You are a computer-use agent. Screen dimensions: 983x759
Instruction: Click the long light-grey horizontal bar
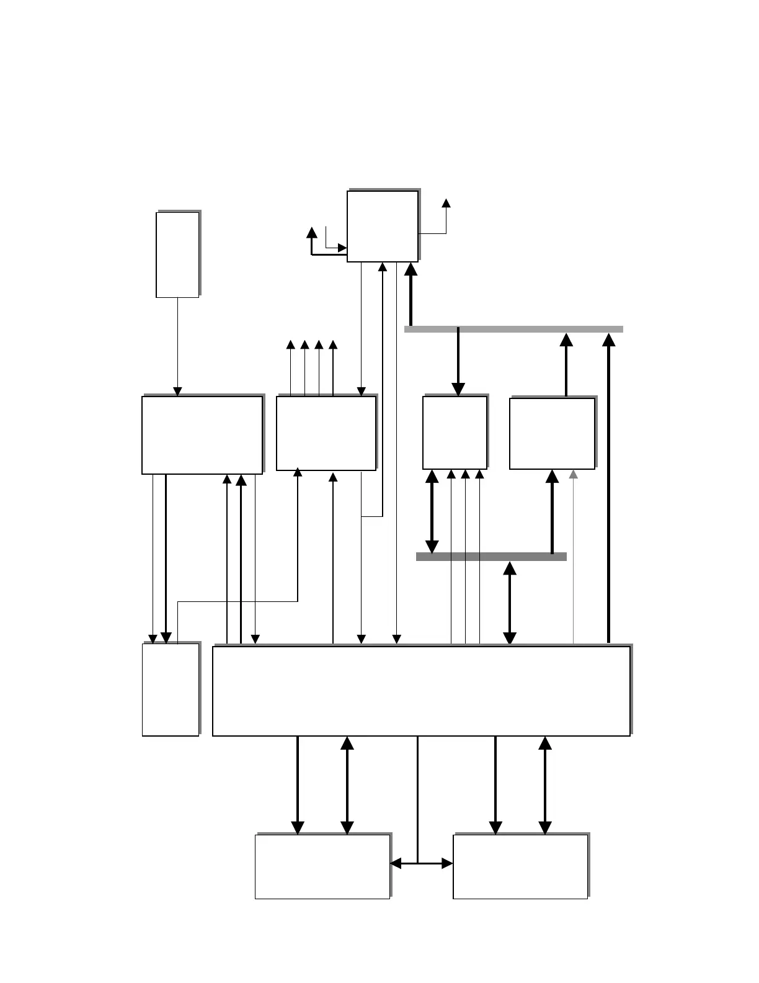click(513, 329)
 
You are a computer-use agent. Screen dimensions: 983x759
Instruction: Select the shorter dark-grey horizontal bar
click(491, 557)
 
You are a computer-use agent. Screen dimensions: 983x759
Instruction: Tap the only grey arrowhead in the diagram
click(574, 475)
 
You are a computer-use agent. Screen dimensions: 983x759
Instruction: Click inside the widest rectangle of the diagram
click(421, 691)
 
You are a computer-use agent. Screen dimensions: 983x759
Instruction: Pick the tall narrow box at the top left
click(177, 254)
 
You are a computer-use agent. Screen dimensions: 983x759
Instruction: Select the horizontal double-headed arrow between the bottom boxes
click(422, 863)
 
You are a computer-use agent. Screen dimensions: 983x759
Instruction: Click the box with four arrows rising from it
click(326, 433)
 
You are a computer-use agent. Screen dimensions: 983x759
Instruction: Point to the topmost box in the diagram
click(382, 226)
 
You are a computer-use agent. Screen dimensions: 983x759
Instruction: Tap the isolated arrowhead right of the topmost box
click(446, 204)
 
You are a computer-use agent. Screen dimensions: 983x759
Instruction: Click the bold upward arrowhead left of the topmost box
click(312, 233)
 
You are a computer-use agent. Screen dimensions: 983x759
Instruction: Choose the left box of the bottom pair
click(322, 866)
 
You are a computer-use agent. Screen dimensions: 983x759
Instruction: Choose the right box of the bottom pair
click(520, 866)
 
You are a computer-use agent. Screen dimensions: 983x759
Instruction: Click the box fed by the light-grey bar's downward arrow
click(455, 433)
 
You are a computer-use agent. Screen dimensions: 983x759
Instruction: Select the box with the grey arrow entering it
click(552, 433)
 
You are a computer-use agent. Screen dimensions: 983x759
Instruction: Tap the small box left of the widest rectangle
click(171, 689)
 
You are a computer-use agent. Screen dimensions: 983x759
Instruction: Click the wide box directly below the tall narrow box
click(202, 434)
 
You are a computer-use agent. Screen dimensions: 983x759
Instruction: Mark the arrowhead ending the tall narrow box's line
click(177, 392)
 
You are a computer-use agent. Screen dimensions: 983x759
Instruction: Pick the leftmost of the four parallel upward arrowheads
click(290, 344)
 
